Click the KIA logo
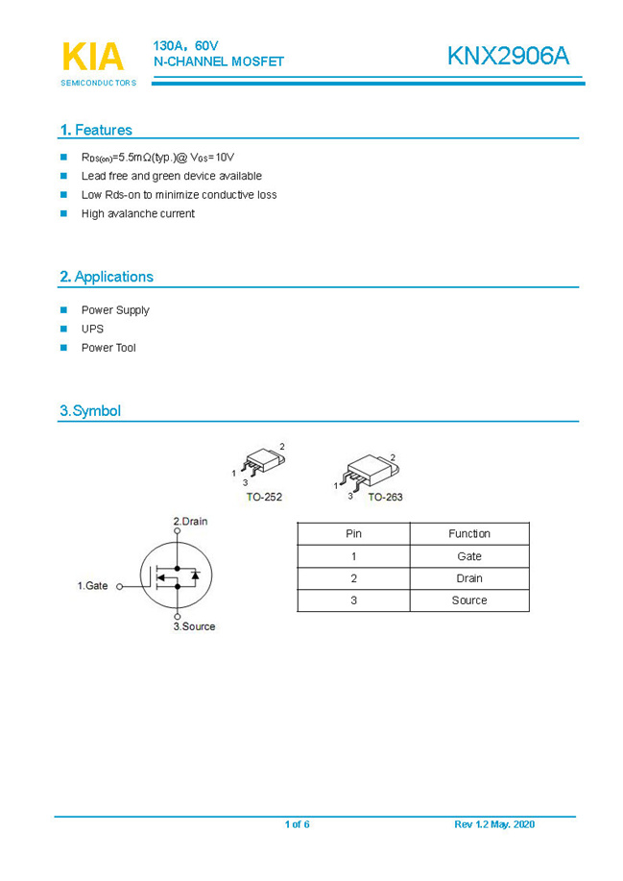coord(93,57)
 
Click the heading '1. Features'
coord(96,130)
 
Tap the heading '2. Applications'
coord(106,277)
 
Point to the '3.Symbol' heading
coord(90,411)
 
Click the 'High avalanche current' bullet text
coord(137,213)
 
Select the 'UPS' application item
coord(92,329)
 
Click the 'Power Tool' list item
coord(108,348)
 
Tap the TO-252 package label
coord(264,497)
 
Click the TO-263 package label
coord(385,497)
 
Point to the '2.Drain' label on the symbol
coord(190,522)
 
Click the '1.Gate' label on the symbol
coord(93,585)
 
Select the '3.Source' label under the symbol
coord(194,626)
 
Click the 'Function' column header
coord(468,533)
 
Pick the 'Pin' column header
coord(353,533)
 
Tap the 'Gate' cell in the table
coord(468,556)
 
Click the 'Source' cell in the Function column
coord(468,600)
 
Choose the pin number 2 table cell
coord(353,578)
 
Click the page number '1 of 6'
coord(297,825)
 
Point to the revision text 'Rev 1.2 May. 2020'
coord(494,825)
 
